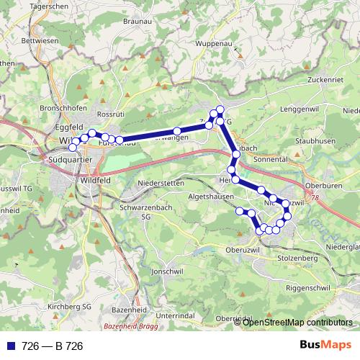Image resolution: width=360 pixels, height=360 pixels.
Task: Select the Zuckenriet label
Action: pyautogui.click(x=327, y=79)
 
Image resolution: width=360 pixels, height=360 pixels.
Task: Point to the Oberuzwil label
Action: pyautogui.click(x=242, y=250)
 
